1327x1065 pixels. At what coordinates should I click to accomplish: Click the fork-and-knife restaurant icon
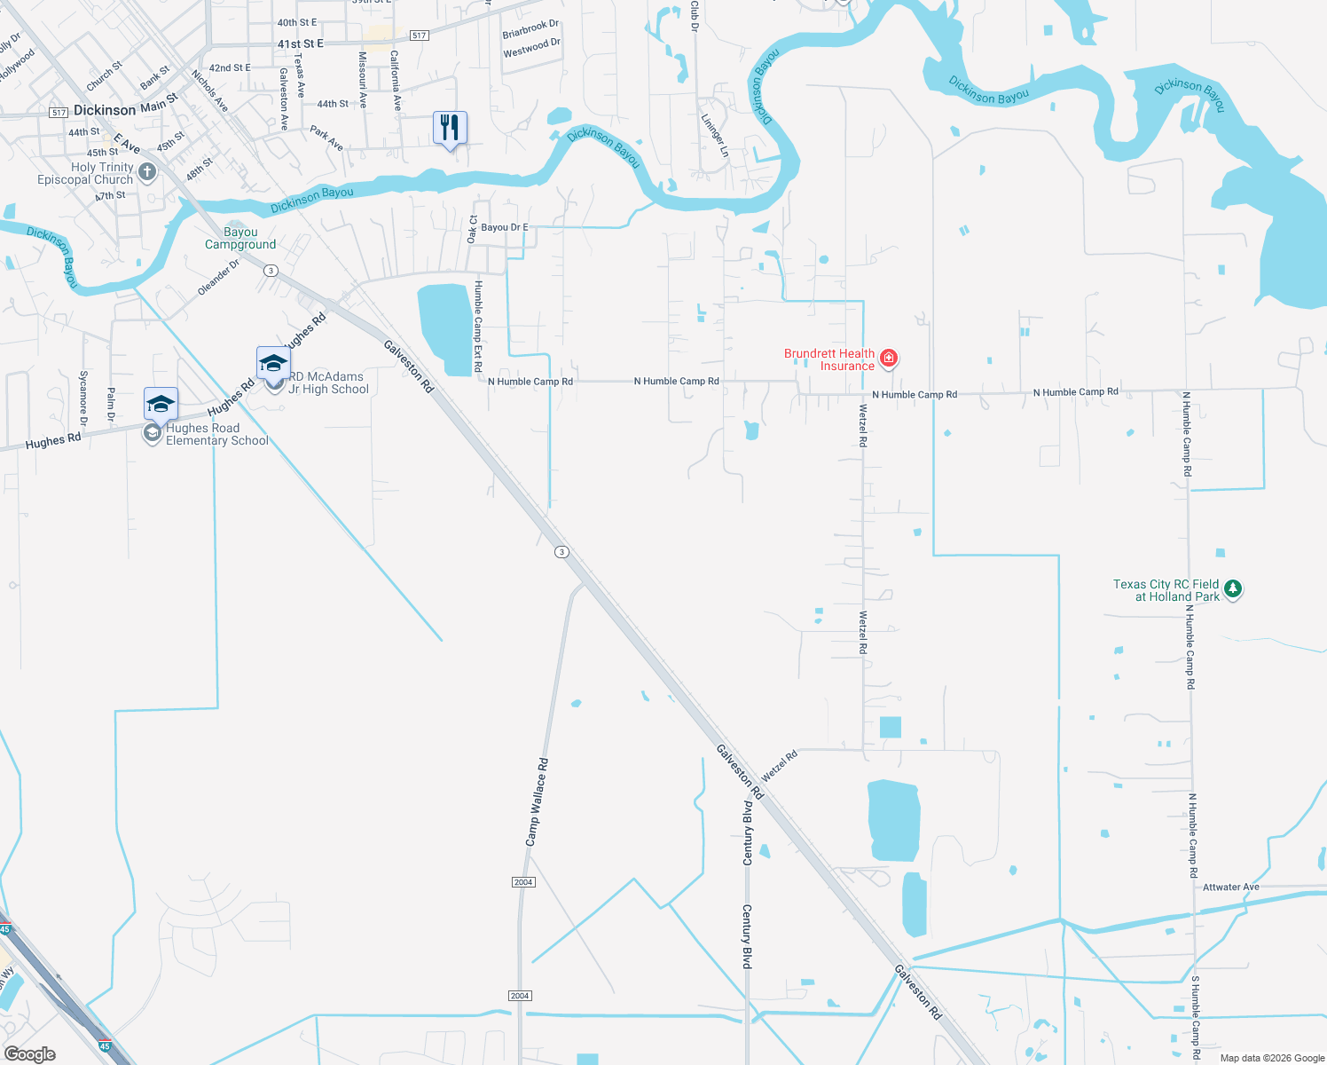pos(450,128)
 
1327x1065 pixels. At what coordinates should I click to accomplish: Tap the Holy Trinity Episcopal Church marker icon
pos(147,172)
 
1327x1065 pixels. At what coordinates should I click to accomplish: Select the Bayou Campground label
pos(240,239)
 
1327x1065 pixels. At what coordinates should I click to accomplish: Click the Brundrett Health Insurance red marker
pos(889,359)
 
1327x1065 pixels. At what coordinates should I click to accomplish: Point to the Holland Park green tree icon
pos(1232,588)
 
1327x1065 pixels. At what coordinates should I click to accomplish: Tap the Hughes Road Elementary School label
pos(216,434)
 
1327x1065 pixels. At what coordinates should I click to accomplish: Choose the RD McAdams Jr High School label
pos(328,383)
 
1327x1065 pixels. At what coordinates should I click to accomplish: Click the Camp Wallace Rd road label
pos(538,801)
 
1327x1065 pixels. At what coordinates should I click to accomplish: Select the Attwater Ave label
pos(1230,887)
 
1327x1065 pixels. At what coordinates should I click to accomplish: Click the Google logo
pos(29,1053)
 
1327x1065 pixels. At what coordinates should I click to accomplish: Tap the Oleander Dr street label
pos(218,277)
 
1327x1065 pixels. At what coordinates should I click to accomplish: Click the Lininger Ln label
pos(715,136)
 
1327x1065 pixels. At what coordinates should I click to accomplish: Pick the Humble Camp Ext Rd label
pos(478,326)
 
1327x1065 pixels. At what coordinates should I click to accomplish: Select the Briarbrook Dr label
pos(530,29)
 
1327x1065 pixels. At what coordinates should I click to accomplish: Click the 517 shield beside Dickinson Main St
pos(59,113)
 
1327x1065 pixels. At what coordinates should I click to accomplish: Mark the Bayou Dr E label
pos(504,227)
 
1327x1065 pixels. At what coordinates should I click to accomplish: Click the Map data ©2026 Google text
pos(1272,1058)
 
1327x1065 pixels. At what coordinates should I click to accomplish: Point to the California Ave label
pos(396,81)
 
